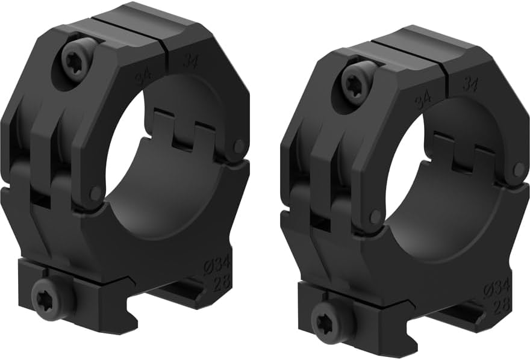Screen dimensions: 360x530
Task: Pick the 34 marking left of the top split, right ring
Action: coord(423,99)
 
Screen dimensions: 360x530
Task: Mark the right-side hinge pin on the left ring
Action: coord(239,146)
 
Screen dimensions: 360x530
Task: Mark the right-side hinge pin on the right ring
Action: coord(517,170)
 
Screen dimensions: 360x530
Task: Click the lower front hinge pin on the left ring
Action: coord(95,193)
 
